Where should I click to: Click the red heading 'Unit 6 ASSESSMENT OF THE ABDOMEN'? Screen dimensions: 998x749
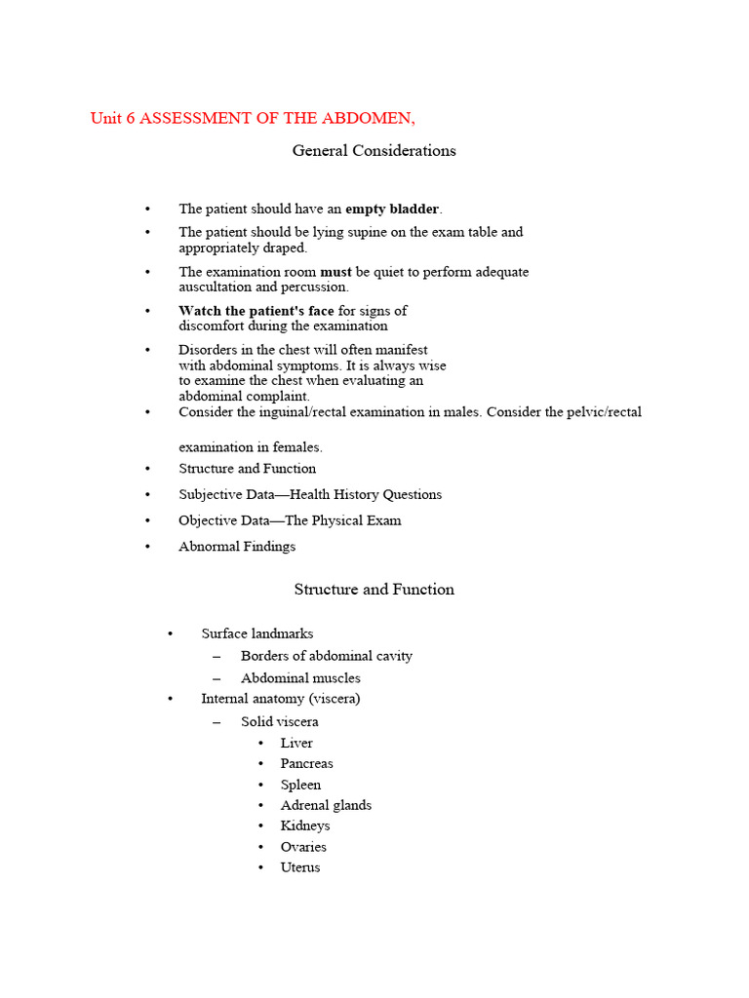[x=253, y=119]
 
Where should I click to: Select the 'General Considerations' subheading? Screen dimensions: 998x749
[x=374, y=150]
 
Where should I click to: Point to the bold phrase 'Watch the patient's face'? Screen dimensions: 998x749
[x=256, y=311]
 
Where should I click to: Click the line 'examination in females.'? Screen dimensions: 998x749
[x=251, y=447]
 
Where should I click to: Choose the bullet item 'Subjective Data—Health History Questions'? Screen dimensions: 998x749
[x=310, y=494]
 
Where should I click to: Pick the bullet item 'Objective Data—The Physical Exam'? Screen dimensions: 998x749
[x=290, y=520]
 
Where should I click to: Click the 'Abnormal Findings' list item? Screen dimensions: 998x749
[x=237, y=547]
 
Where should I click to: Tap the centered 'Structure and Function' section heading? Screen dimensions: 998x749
[x=374, y=590]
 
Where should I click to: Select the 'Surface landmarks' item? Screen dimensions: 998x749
[x=257, y=633]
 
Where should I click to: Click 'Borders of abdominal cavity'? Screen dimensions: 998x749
[x=327, y=656]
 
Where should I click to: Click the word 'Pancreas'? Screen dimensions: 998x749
[x=307, y=763]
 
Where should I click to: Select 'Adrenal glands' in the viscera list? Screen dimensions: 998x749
[x=326, y=805]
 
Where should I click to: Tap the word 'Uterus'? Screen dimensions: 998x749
[x=300, y=867]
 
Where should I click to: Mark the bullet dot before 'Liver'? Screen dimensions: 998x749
[x=261, y=744]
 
